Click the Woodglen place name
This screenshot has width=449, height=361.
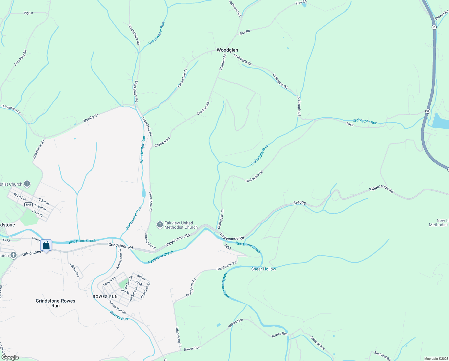pyautogui.click(x=227, y=50)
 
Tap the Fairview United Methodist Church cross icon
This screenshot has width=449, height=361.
pyautogui.click(x=160, y=225)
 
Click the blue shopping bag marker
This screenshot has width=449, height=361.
pyautogui.click(x=46, y=245)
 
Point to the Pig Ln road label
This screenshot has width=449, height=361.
pyautogui.click(x=28, y=13)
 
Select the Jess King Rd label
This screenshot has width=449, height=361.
pyautogui.click(x=20, y=58)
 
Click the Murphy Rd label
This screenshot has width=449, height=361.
pyautogui.click(x=91, y=118)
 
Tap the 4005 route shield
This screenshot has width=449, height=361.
pyautogui.click(x=29, y=205)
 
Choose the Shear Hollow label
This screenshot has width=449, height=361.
pyautogui.click(x=264, y=269)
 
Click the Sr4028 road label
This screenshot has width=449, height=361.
pyautogui.click(x=300, y=203)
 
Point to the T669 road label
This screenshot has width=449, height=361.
pyautogui.click(x=350, y=124)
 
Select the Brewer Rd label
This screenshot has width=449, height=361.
pyautogui.click(x=441, y=15)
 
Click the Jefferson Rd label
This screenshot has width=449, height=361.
pyautogui.click(x=235, y=8)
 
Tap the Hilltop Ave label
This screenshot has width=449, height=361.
pyautogui.click(x=74, y=270)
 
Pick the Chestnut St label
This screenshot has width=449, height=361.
pyautogui.click(x=146, y=290)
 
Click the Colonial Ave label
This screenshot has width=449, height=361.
pyautogui.click(x=318, y=343)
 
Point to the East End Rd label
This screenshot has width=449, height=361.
pyautogui.click(x=382, y=356)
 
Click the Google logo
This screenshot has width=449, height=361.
pyautogui.click(x=10, y=357)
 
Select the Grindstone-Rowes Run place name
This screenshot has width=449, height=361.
pyautogui.click(x=56, y=303)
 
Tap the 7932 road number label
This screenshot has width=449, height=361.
pyautogui.click(x=228, y=247)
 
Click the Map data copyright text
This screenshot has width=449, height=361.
pyautogui.click(x=436, y=359)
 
